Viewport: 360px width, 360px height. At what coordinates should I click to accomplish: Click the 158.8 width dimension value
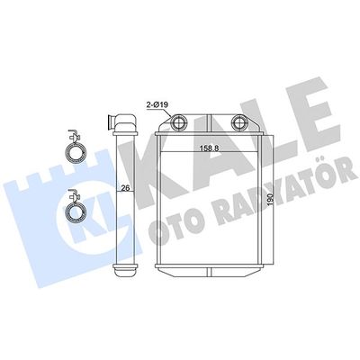click(209, 148)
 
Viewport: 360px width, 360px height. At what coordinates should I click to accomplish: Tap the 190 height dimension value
click(270, 199)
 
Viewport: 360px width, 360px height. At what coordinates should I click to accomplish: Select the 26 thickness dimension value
click(125, 188)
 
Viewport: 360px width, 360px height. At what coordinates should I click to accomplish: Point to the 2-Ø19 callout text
click(157, 104)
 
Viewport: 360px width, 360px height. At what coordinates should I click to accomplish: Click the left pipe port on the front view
click(179, 121)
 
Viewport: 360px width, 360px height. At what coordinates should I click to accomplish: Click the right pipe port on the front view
click(239, 121)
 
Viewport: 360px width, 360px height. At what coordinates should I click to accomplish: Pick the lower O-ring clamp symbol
click(76, 207)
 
